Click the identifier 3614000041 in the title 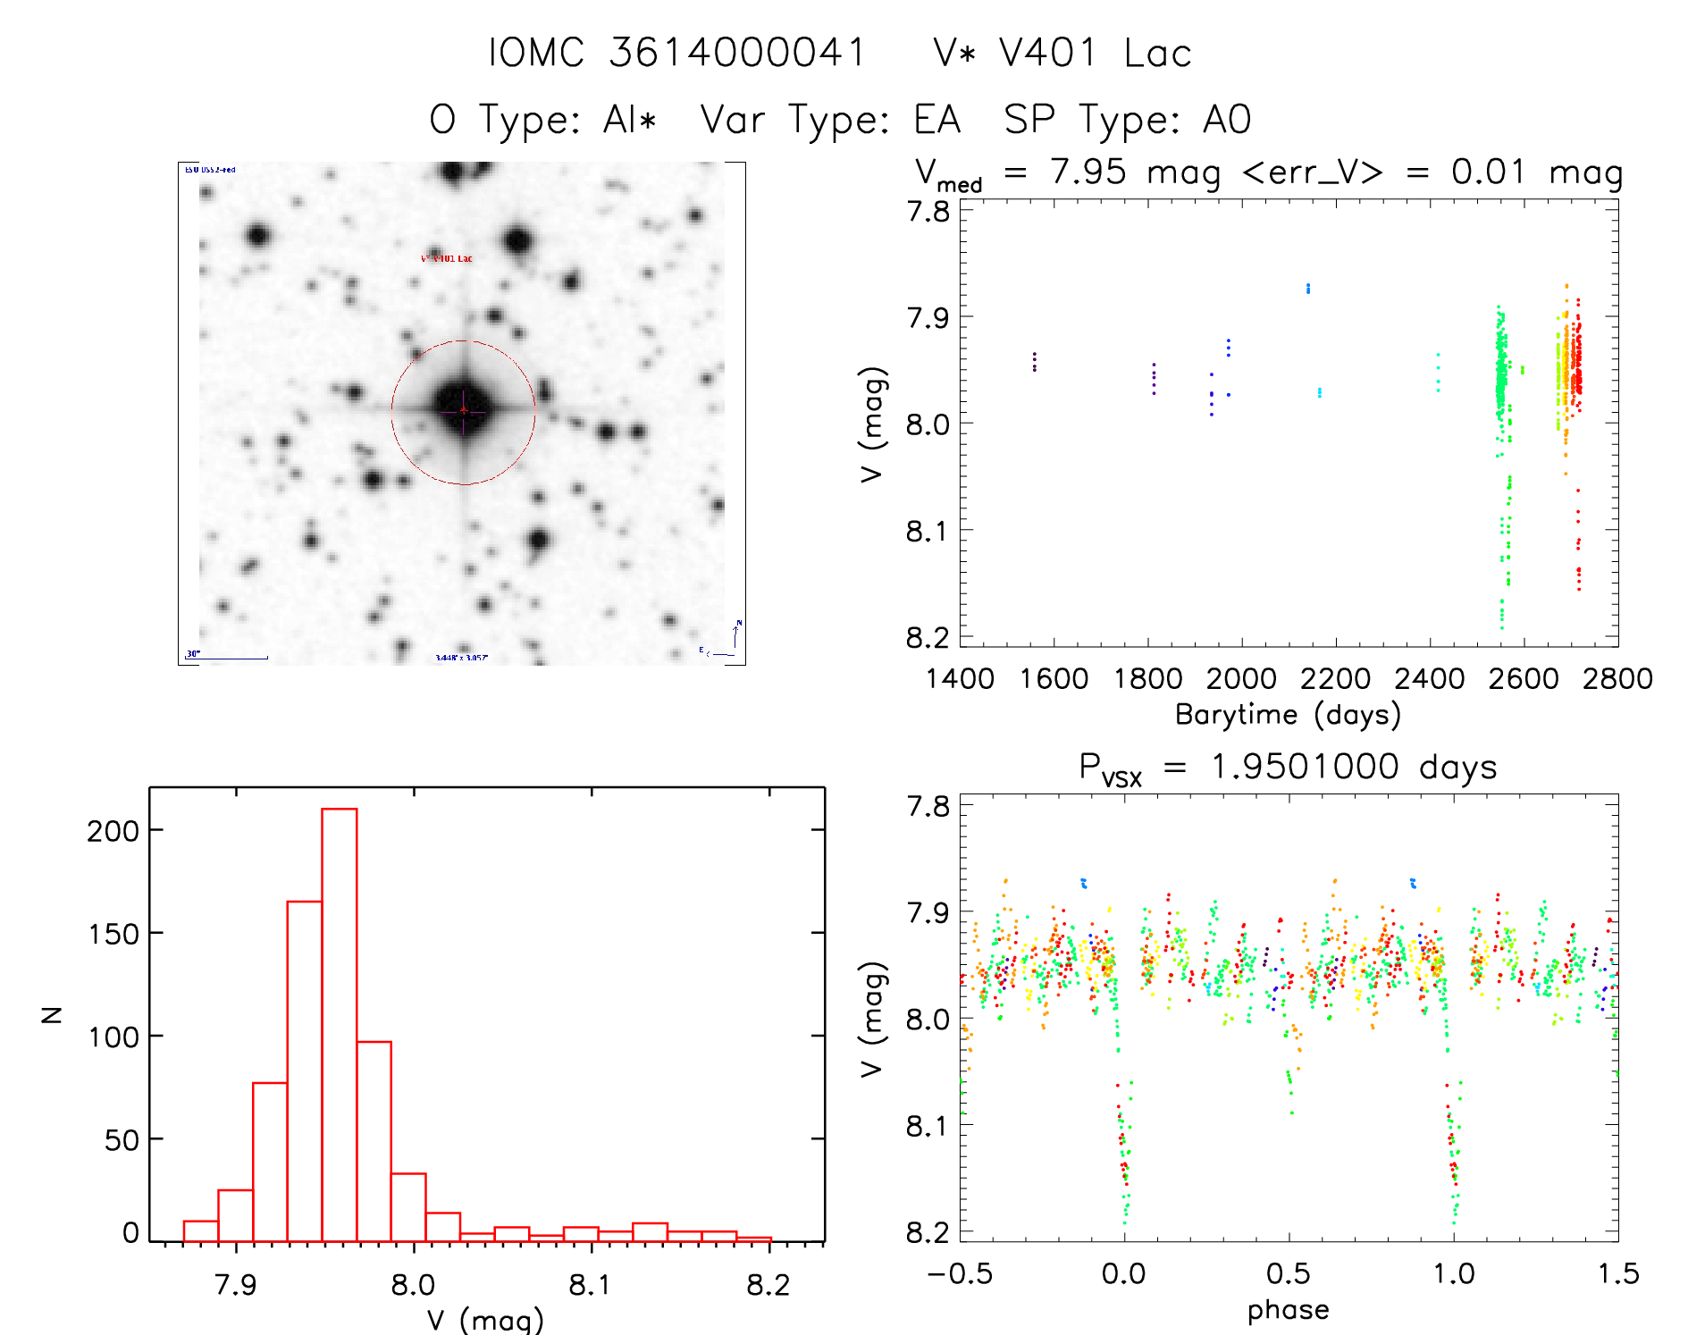737,53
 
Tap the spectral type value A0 1227,120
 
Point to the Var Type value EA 936,120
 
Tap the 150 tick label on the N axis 113,934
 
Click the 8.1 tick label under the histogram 590,1285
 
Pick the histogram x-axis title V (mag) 485,1319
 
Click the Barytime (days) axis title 1288,714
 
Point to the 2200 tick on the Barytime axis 1335,678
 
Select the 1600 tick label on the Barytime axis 1054,678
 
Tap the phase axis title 1288,1309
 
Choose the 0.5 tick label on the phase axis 1288,1273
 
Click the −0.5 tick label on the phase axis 960,1273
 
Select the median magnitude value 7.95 1088,172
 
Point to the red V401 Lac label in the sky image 447,258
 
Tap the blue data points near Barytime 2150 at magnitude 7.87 1308,288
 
